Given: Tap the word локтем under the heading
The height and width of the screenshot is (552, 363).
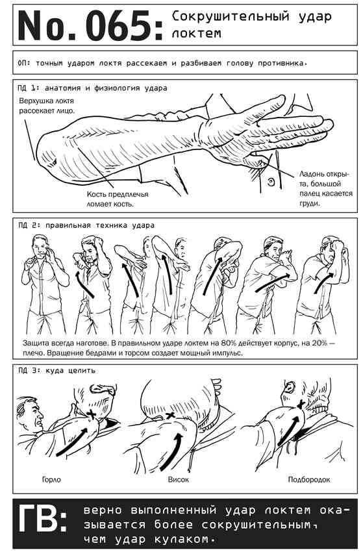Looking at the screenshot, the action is click(x=197, y=33).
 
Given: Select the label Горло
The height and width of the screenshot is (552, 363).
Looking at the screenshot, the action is click(x=51, y=479).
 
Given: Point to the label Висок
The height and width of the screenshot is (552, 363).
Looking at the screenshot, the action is click(x=178, y=479).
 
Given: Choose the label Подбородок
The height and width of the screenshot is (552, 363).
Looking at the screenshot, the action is click(x=309, y=479).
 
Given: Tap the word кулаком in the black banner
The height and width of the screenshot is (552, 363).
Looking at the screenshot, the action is click(x=183, y=539).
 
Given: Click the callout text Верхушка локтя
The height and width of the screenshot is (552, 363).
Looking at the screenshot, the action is click(x=47, y=101).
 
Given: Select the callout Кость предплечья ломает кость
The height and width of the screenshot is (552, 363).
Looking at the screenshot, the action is click(x=118, y=199).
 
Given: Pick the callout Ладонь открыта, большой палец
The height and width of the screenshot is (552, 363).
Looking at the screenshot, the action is click(x=326, y=188).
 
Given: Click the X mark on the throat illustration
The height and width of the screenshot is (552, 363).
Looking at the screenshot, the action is click(x=92, y=414).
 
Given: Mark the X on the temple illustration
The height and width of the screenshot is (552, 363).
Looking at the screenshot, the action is click(x=170, y=415).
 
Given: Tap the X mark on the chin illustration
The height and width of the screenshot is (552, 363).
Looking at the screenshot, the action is click(x=301, y=405).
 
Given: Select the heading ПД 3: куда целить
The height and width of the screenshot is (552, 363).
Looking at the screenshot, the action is click(x=57, y=370).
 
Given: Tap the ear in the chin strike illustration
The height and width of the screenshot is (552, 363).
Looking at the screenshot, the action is click(x=290, y=387).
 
